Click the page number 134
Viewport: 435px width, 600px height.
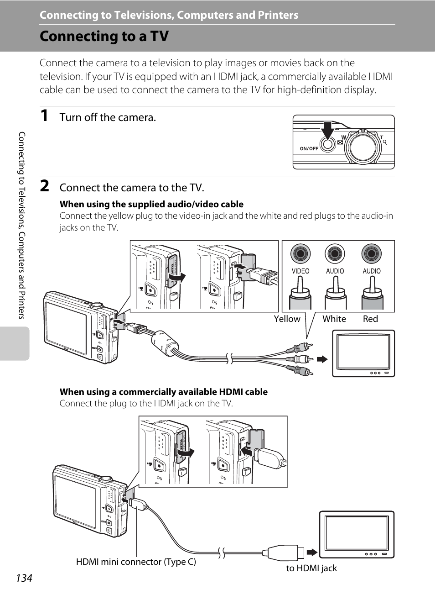tap(24, 578)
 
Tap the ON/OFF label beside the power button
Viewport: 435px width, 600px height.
tap(309, 149)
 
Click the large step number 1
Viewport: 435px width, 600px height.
tap(44, 116)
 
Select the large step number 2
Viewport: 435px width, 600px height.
tap(44, 186)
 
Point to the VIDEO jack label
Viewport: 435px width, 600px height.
tap(300, 271)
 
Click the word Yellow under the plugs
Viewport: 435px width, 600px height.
tap(287, 319)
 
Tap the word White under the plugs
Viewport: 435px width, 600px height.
tap(334, 319)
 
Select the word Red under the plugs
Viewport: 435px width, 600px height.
tap(370, 319)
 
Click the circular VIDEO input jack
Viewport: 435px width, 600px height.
tap(300, 253)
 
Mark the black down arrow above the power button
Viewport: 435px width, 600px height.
tap(327, 130)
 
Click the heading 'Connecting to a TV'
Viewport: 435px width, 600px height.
tap(104, 36)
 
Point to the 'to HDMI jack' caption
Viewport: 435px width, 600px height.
tap(311, 568)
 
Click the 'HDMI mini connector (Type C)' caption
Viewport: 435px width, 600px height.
tap(136, 562)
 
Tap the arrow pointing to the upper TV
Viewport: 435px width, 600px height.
tap(322, 359)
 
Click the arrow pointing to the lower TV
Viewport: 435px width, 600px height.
tap(312, 553)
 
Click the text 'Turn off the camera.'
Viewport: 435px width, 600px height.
tap(108, 117)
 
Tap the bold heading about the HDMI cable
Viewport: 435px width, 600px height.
tap(164, 392)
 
